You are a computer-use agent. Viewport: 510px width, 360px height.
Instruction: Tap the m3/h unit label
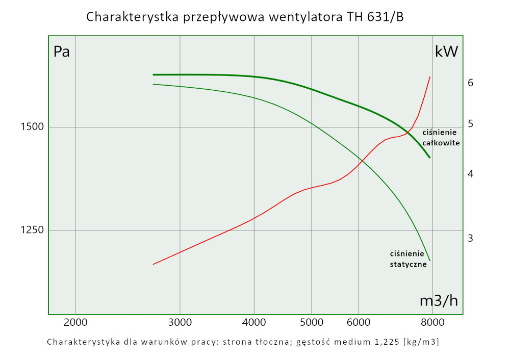[439, 301]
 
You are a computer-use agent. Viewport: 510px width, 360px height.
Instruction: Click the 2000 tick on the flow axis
[75, 322]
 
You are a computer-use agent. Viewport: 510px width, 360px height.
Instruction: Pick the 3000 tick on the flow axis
[180, 322]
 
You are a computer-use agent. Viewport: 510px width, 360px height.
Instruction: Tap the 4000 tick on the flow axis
[254, 322]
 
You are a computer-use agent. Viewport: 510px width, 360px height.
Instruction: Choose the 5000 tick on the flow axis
[311, 322]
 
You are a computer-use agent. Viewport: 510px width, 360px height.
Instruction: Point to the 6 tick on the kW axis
[471, 83]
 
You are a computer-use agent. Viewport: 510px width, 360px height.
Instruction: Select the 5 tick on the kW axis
[471, 124]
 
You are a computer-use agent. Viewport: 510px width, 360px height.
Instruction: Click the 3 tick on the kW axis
[471, 238]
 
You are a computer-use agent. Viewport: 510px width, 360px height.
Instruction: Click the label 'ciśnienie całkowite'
[441, 138]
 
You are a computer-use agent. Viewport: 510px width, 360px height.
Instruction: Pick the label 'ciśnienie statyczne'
[408, 259]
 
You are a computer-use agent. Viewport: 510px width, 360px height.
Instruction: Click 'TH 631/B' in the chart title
[378, 17]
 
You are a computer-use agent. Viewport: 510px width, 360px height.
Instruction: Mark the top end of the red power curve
[430, 77]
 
